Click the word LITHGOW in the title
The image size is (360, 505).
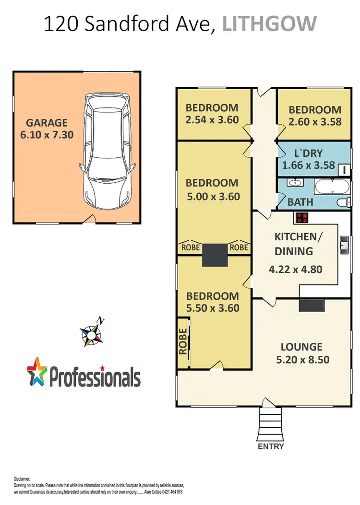point(270,23)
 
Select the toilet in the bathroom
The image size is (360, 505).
point(343,202)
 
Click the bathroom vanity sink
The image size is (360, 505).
point(293,183)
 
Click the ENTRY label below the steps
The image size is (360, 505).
point(272,446)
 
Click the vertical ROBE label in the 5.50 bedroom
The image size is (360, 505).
point(183,341)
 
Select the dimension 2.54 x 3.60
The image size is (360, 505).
point(212,120)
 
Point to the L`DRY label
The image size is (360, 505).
point(308,154)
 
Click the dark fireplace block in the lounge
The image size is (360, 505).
point(311,305)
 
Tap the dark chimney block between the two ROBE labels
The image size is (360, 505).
point(214,255)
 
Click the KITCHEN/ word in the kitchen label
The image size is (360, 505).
point(296,237)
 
